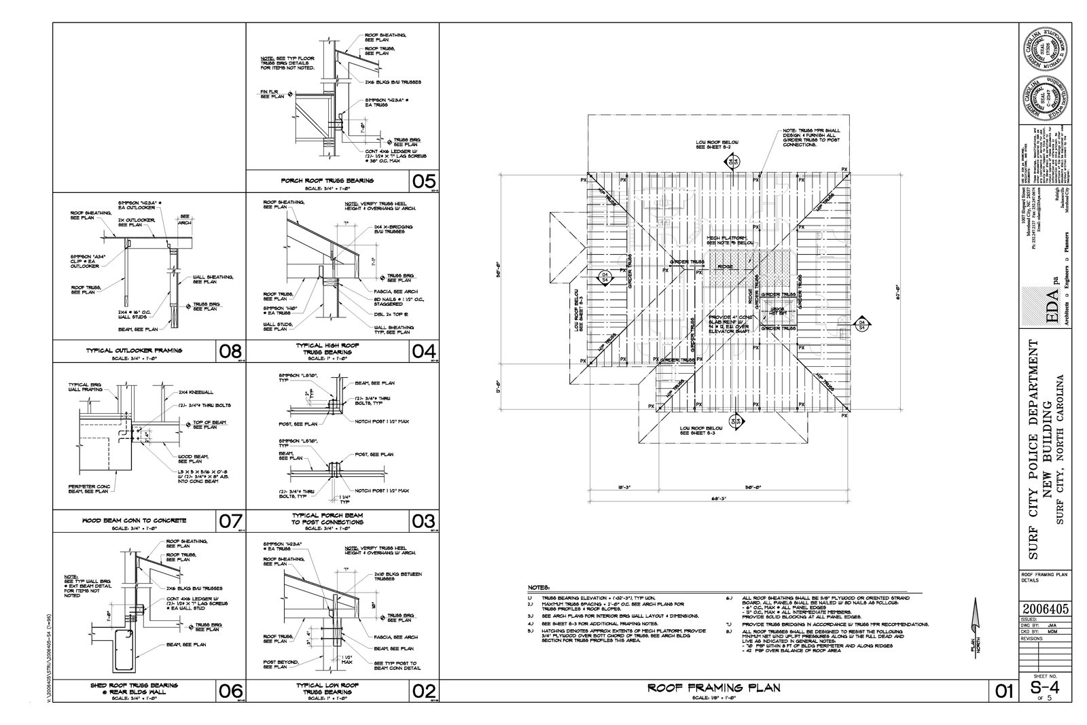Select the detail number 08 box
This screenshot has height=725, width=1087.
pyautogui.click(x=230, y=351)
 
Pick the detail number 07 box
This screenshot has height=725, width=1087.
pyautogui.click(x=230, y=521)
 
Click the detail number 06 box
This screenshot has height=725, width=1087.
pyautogui.click(x=230, y=690)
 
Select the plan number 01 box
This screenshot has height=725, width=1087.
pyautogui.click(x=1003, y=691)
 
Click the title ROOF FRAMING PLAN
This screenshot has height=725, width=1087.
pyautogui.click(x=713, y=688)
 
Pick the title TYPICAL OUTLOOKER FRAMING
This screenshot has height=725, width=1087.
pyautogui.click(x=134, y=351)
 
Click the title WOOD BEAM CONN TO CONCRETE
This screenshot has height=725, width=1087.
pyautogui.click(x=133, y=520)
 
